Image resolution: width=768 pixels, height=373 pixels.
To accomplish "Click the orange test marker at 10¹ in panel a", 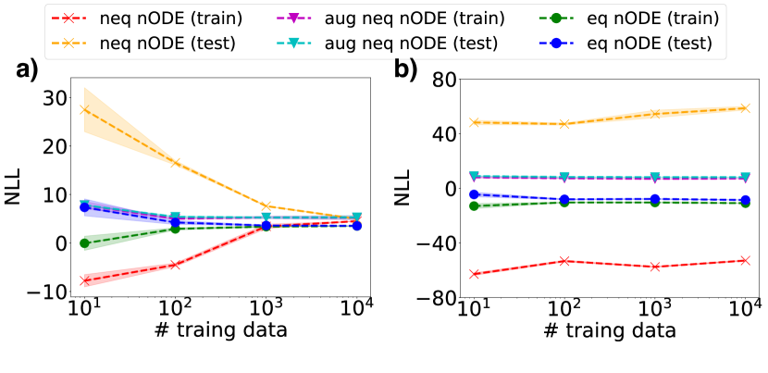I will (x=84, y=109).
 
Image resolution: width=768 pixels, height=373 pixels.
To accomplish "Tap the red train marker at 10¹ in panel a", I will (x=84, y=280).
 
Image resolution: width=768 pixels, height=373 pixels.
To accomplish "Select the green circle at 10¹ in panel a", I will (x=84, y=243).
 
